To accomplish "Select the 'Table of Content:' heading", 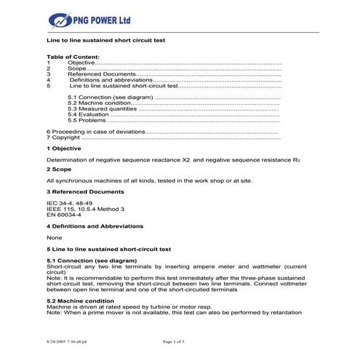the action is [x=73, y=57].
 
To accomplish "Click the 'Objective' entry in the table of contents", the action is [x=81, y=63].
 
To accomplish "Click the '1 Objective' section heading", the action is [x=64, y=148].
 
